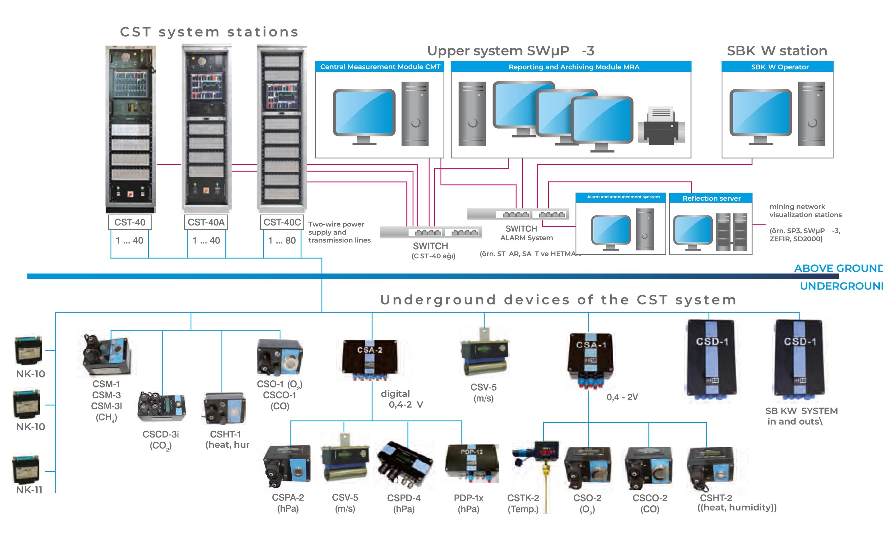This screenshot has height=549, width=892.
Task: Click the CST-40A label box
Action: [x=206, y=222]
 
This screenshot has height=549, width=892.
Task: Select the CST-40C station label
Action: [x=282, y=222]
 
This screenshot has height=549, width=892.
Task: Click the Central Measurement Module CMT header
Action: [x=380, y=67]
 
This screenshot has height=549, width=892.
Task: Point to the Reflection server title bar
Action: [x=711, y=198]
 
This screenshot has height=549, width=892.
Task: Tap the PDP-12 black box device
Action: [x=472, y=463]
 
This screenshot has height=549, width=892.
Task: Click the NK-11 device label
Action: [x=29, y=490]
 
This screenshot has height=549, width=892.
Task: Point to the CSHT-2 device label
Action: [x=716, y=498]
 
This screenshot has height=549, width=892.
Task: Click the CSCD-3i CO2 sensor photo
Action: [x=161, y=407]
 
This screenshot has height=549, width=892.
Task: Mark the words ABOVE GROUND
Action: [x=838, y=268]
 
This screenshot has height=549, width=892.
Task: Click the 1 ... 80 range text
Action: [x=282, y=240]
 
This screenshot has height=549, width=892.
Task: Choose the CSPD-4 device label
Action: [x=403, y=498]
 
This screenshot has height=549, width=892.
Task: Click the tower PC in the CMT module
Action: [x=415, y=114]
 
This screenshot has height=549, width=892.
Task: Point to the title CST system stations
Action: [x=209, y=32]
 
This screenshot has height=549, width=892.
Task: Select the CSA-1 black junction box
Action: [x=590, y=359]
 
